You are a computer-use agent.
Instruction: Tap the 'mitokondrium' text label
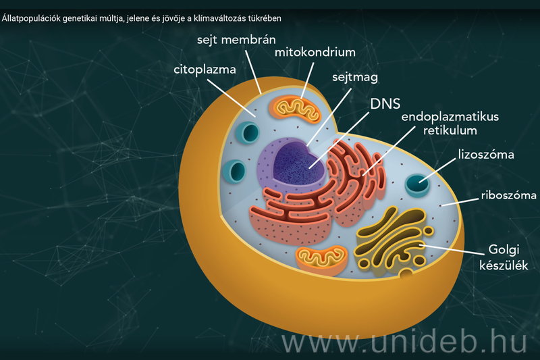point(315,51)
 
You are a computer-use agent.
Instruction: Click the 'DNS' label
point(385,104)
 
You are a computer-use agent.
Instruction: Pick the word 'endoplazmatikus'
point(450,116)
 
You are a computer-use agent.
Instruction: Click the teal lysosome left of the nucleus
point(238,171)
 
